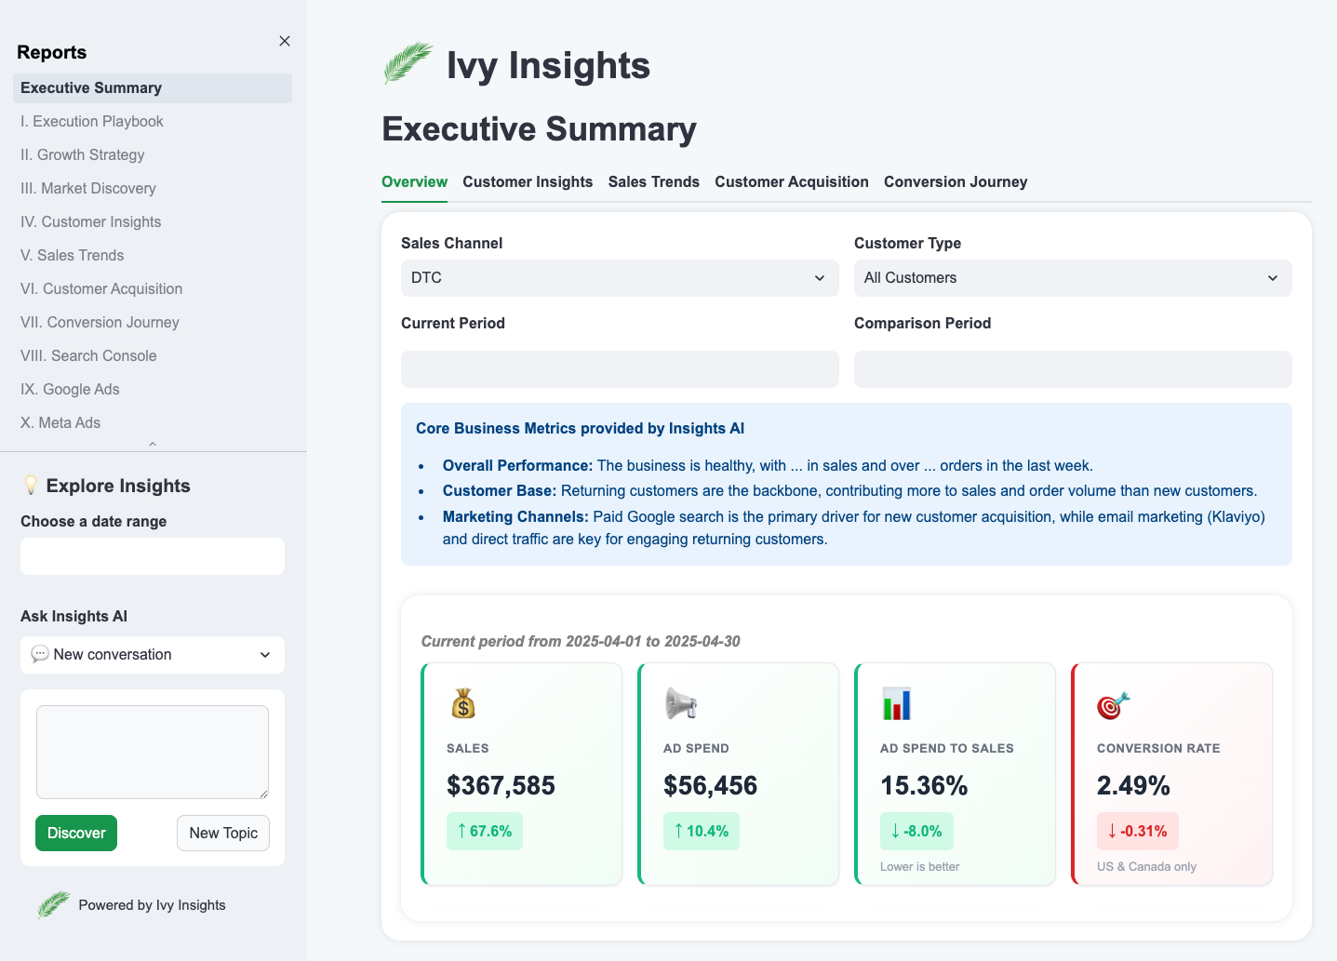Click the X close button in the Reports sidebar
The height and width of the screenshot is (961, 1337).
pos(285,41)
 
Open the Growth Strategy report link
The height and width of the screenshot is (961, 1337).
pos(83,154)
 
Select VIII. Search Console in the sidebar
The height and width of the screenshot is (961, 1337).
pos(88,355)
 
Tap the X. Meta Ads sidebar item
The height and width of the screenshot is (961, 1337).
pos(60,422)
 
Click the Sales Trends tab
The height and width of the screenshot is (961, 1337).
pos(653,181)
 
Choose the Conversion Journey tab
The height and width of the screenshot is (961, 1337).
pos(956,181)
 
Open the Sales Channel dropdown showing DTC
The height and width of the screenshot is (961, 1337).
pos(620,278)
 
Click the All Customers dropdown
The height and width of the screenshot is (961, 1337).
pos(1073,278)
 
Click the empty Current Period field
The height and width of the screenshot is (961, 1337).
pos(620,369)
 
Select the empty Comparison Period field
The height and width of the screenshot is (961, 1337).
pos(1073,369)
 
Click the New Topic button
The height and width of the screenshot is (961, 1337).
pos(223,833)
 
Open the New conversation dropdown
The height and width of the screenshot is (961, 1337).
pos(153,655)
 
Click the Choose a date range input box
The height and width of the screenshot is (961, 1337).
pos(153,556)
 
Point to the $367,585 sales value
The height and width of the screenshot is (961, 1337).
pos(501,785)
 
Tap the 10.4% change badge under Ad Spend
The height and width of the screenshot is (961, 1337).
pos(702,831)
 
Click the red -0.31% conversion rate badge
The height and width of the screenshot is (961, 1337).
pos(1138,831)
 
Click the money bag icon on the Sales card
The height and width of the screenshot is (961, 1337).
pos(463,703)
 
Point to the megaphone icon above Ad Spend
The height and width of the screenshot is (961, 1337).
pos(681,703)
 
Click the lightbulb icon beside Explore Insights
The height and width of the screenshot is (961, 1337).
pos(31,485)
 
